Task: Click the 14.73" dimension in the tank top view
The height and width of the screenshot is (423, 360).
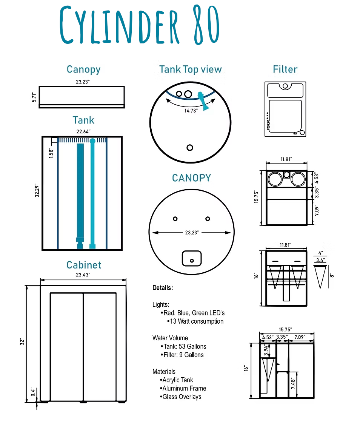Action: [191, 111]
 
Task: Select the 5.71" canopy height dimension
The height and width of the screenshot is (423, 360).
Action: [34, 97]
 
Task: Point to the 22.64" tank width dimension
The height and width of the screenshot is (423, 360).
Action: [83, 132]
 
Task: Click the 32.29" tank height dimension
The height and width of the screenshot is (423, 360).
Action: [37, 191]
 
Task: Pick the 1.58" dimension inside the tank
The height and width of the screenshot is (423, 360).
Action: [51, 153]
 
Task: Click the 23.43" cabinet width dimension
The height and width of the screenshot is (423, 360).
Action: [83, 275]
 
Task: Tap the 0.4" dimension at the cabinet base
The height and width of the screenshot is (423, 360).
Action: [33, 392]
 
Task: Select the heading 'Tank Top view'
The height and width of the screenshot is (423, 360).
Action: [191, 69]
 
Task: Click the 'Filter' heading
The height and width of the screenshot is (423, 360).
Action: [285, 69]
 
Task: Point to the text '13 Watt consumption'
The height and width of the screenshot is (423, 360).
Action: [197, 321]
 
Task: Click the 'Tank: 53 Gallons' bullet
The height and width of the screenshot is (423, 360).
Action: [185, 346]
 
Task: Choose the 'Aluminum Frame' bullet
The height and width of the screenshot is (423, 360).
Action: [184, 388]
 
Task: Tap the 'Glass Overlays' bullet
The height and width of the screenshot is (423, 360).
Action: [182, 397]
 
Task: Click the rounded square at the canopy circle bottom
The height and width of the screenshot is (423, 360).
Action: [192, 258]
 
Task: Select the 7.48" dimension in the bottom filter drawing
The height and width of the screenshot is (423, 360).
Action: [293, 383]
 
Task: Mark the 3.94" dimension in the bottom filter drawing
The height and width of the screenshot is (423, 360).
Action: [266, 350]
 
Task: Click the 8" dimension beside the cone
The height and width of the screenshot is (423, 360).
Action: [332, 275]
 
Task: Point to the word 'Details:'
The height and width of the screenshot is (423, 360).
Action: [163, 288]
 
